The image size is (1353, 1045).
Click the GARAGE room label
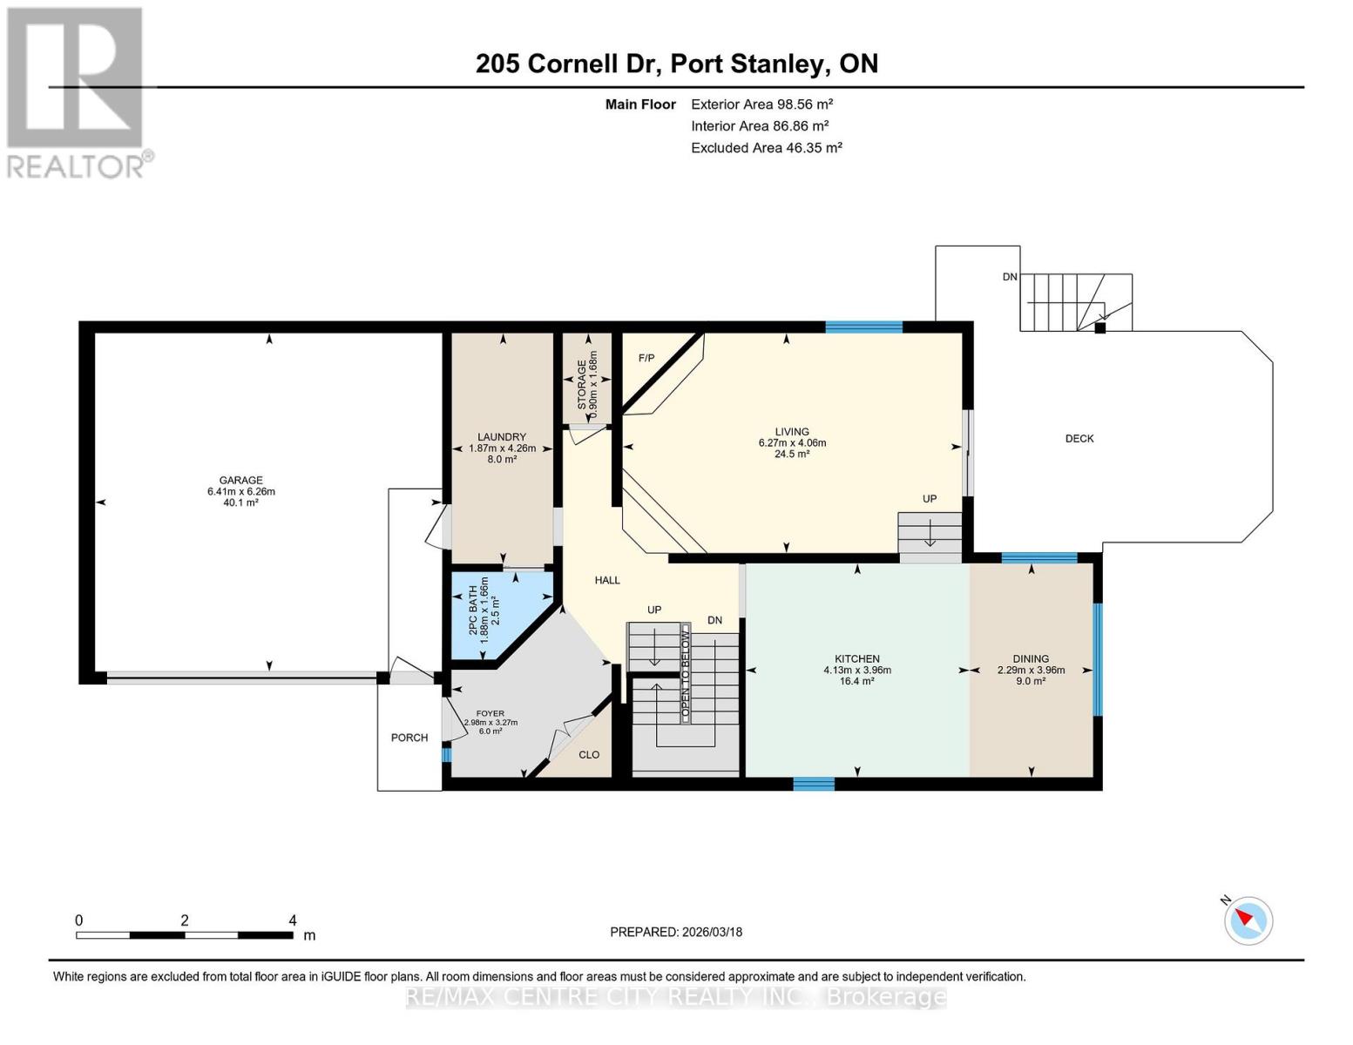coord(240,480)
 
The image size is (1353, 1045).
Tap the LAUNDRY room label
coord(501,437)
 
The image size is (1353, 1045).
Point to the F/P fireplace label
coord(646,358)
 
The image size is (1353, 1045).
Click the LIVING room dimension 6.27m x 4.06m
coord(792,442)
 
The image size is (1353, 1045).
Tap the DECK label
coord(1079,439)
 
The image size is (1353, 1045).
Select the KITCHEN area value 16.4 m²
coord(856,681)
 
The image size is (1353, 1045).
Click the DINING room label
coord(1031,659)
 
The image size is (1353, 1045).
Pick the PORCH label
coord(409,738)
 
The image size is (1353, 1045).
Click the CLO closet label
coord(589,754)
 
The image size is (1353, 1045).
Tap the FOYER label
coord(491,714)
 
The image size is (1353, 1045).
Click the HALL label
coord(607,580)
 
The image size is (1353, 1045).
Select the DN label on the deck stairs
coord(1010,277)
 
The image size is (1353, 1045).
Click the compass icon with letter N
coord(1248,920)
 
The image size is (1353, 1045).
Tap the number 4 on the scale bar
coord(293,920)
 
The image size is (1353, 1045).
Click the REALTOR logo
coord(77,91)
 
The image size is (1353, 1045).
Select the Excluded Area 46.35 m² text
coord(766,148)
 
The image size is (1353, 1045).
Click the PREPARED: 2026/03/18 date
coord(676,932)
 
